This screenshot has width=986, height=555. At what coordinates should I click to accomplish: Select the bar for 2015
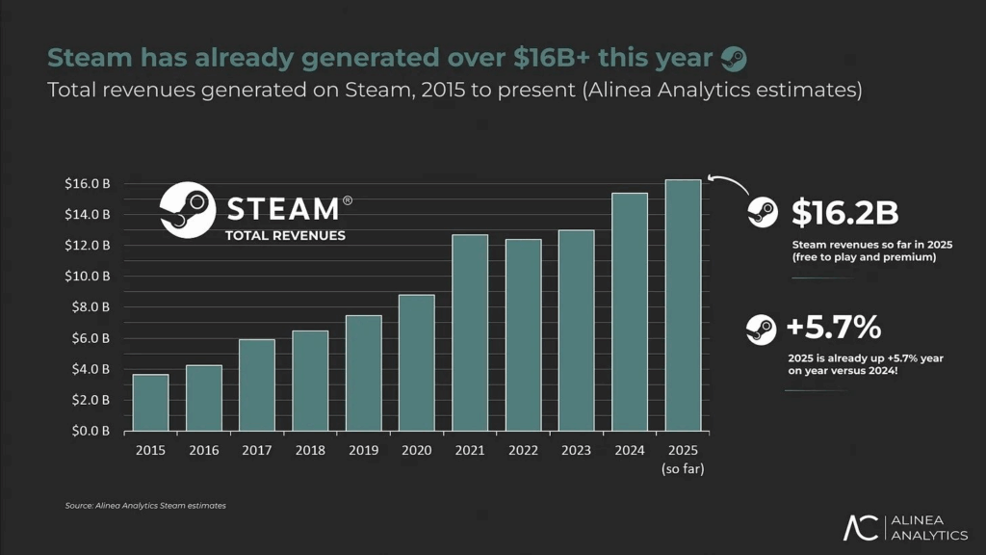150,402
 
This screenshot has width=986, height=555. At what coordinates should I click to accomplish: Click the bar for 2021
470,332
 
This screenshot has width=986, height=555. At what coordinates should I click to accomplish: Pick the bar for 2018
310,381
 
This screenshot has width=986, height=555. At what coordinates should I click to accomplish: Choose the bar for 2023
576,330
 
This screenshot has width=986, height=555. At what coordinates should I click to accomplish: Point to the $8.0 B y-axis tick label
88,307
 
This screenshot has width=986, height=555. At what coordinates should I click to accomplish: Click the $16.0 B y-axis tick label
88,183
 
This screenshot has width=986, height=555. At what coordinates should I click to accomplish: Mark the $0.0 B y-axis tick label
88,431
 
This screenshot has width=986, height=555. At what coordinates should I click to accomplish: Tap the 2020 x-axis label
416,451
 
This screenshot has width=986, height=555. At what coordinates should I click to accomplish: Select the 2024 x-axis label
630,451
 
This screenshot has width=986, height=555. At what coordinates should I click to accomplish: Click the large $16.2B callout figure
844,213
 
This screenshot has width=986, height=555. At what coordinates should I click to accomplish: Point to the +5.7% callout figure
834,329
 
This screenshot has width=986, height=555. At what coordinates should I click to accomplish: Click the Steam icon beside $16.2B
763,213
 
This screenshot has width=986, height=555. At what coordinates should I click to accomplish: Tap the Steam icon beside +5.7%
761,330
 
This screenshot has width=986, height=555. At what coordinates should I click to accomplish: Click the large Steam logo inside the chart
187,209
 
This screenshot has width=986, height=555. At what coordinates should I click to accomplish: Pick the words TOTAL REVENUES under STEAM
285,235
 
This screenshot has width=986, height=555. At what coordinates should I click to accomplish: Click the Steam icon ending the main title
733,58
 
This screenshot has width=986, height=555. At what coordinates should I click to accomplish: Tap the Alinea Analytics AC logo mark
861,527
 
